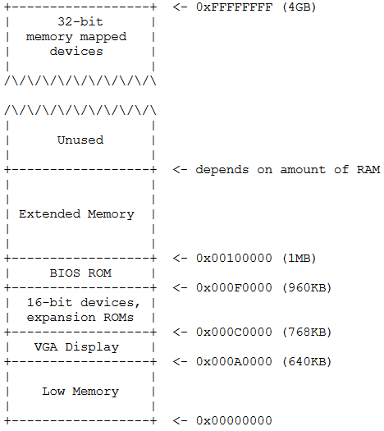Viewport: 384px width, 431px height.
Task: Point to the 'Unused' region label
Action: pyautogui.click(x=80, y=140)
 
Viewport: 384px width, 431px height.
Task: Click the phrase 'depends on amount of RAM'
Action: pyautogui.click(x=287, y=170)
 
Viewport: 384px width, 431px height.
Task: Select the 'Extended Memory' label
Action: pyautogui.click(x=76, y=214)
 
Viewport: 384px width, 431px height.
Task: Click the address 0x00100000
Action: pyautogui.click(x=232, y=259)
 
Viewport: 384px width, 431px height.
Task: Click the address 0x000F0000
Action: pyautogui.click(x=232, y=288)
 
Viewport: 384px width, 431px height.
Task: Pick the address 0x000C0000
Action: pyautogui.click(x=232, y=332)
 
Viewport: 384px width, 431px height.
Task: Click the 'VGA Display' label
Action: pyautogui.click(x=80, y=347)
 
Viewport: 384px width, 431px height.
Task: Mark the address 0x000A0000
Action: pyautogui.click(x=232, y=362)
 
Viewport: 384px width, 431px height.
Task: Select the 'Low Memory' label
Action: pyautogui.click(x=80, y=392)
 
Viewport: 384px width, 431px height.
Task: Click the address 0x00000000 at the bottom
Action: pyautogui.click(x=232, y=421)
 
